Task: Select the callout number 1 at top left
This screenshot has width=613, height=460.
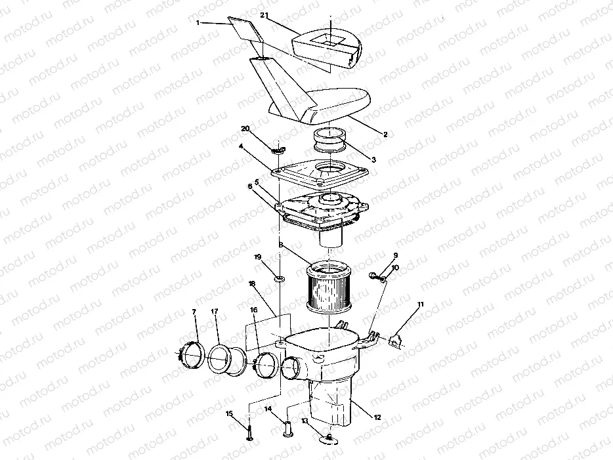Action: point(197,23)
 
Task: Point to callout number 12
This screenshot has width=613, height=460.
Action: point(377,417)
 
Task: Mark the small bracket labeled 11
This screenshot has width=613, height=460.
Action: point(396,340)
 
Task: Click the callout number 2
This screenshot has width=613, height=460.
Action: point(385,134)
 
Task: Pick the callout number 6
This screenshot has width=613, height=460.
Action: point(250,186)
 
